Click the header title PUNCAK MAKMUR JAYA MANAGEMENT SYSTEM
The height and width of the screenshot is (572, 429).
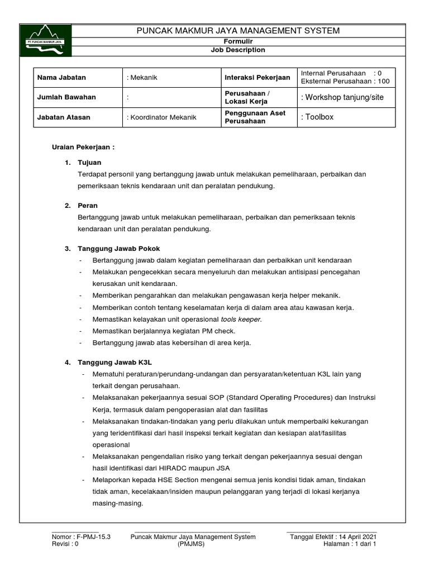238,31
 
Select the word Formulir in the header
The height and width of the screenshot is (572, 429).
238,42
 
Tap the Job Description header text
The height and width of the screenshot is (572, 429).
238,50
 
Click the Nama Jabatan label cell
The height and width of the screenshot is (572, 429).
61,78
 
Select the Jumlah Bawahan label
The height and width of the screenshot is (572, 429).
66,97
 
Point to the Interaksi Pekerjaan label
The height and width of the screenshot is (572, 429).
257,78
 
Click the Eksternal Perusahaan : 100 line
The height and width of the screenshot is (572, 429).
345,82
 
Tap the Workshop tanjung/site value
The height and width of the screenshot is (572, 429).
342,97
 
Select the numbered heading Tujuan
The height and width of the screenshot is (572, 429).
89,163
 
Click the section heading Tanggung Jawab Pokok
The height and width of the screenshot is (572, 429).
120,248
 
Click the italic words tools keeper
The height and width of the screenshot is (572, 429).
240,320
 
